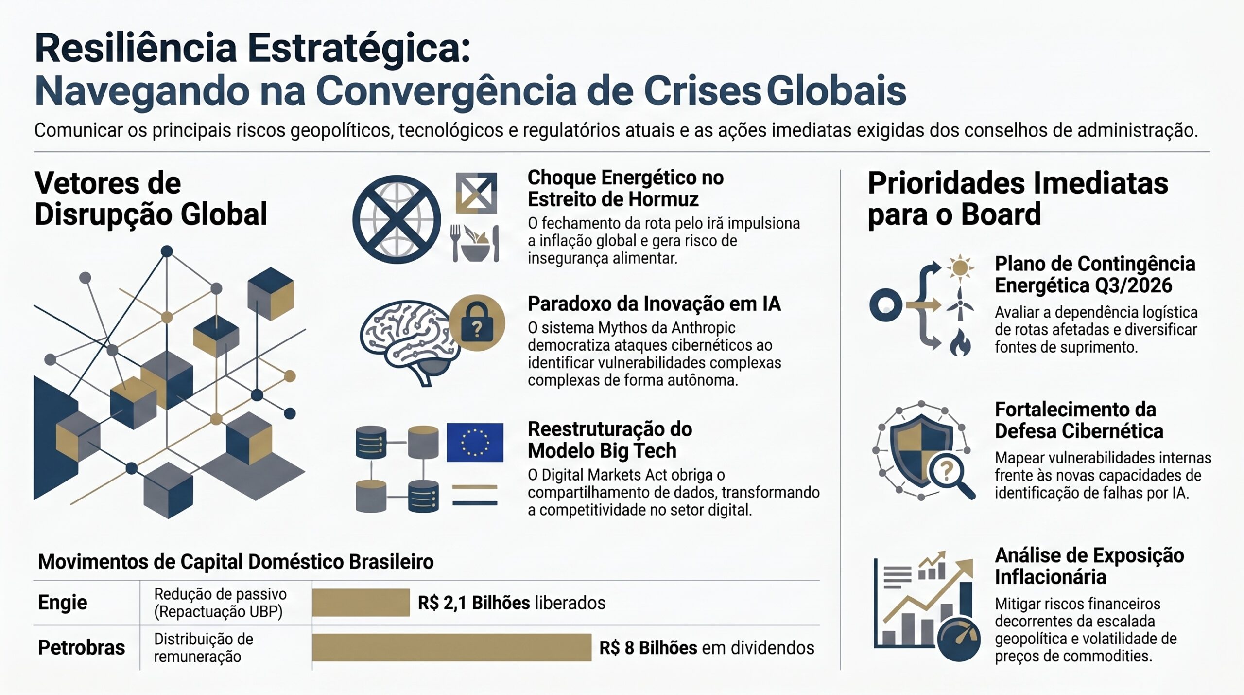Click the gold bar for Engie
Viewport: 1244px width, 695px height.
point(361,602)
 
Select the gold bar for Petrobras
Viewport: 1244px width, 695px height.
point(451,647)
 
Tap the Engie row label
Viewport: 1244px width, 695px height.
point(63,603)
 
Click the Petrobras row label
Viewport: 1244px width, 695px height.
point(81,647)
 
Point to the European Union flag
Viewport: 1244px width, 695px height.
point(475,442)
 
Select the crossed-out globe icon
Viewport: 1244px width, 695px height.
point(397,219)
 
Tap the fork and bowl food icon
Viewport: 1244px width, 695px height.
point(475,243)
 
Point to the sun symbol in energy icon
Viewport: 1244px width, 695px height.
point(960,267)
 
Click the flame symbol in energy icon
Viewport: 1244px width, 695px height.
point(960,343)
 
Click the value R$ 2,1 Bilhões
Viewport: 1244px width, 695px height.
point(474,603)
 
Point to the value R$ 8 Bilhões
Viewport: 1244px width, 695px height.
point(648,648)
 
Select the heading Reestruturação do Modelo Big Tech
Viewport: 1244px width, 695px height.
point(610,440)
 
